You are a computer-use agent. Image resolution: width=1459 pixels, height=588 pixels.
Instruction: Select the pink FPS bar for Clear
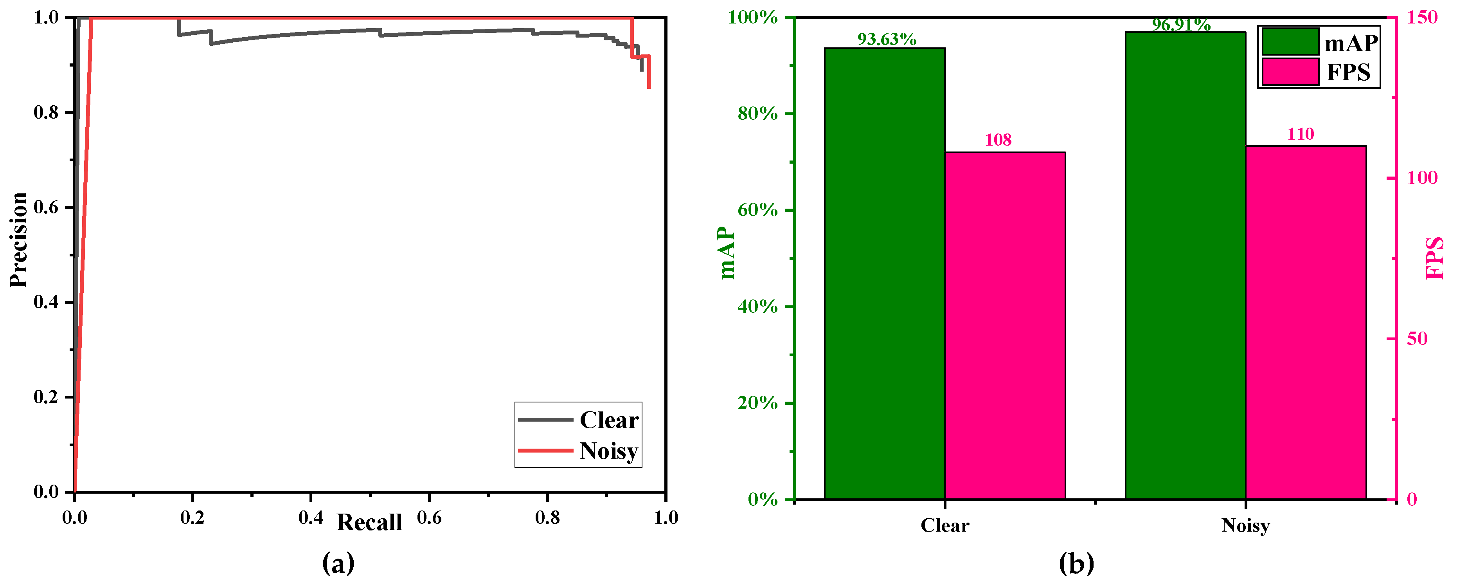(x=1005, y=325)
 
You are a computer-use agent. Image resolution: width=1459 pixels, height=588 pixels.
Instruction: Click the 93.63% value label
(x=886, y=39)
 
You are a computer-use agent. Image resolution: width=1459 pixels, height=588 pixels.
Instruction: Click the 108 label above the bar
(x=998, y=140)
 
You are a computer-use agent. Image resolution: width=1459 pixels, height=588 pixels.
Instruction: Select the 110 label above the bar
(x=1301, y=134)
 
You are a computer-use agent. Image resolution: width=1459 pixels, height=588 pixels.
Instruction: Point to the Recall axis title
(x=369, y=522)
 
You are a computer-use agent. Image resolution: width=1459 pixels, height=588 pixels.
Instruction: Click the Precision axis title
(x=19, y=240)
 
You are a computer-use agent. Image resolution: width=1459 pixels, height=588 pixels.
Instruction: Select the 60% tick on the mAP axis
(x=757, y=210)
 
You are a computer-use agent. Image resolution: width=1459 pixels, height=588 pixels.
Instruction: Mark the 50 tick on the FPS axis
(x=1417, y=339)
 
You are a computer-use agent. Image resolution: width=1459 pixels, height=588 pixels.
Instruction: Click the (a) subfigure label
(x=338, y=563)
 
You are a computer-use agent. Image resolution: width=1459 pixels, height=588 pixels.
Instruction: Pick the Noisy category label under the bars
(x=1245, y=525)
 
